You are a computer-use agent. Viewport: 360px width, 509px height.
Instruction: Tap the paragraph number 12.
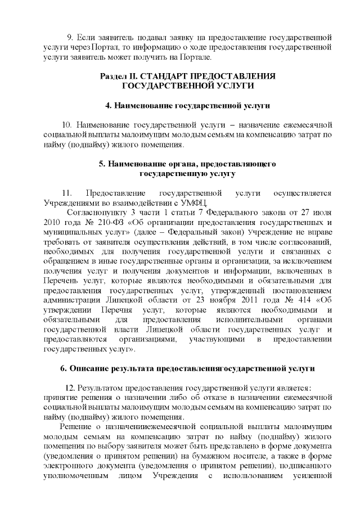point(70,388)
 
